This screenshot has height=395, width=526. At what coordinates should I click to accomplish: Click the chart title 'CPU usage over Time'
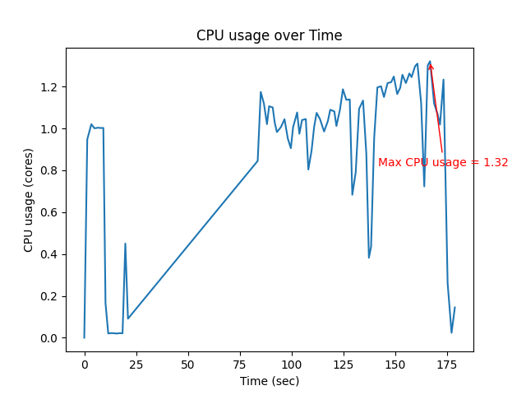click(x=269, y=36)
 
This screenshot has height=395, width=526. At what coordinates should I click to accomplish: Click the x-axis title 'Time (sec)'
click(x=269, y=381)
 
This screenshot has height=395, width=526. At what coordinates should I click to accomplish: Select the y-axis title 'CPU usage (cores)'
click(x=29, y=200)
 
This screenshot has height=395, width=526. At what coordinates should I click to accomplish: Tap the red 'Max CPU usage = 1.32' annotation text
click(x=443, y=163)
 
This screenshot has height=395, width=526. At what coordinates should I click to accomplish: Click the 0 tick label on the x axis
click(x=84, y=365)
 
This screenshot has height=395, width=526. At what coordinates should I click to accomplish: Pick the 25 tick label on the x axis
click(x=136, y=365)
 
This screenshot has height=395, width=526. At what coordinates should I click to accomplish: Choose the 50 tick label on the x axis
click(x=187, y=365)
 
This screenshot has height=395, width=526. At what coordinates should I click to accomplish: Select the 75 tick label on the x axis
click(x=239, y=365)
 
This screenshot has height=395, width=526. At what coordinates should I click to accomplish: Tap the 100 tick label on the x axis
click(x=291, y=365)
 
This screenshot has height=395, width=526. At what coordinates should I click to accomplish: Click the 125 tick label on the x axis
click(x=343, y=365)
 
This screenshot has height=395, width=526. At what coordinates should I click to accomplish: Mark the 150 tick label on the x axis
click(x=394, y=365)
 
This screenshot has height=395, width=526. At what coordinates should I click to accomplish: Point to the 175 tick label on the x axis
click(x=446, y=365)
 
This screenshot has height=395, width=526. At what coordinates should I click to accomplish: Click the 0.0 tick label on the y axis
click(x=51, y=338)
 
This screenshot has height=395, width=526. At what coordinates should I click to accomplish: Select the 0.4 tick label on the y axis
click(x=51, y=254)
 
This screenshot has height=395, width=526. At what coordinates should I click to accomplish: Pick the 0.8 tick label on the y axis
click(x=51, y=171)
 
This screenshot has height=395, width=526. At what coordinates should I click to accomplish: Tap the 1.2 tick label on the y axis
click(x=51, y=87)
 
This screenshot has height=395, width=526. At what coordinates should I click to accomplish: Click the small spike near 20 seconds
click(x=125, y=244)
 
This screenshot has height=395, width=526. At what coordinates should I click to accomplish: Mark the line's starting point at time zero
click(x=84, y=337)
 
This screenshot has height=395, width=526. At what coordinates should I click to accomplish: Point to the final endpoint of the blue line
click(x=454, y=308)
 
